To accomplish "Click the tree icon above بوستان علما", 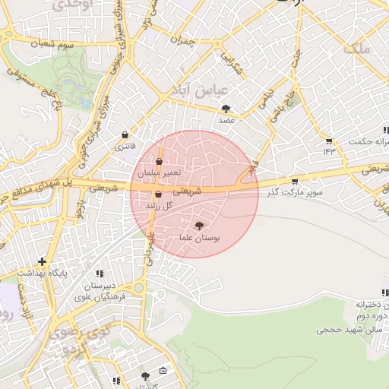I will point(199,226).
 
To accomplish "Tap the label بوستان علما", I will point(199,239).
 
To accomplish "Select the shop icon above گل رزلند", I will point(158,194).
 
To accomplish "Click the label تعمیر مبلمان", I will point(159,173).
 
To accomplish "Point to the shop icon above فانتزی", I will point(124,134).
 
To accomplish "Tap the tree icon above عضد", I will point(226,109).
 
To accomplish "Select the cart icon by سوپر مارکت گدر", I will point(295,181).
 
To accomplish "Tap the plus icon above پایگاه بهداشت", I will point(42,261).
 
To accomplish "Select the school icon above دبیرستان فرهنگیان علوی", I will point(100,274).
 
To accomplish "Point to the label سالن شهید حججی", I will point(342,330).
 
